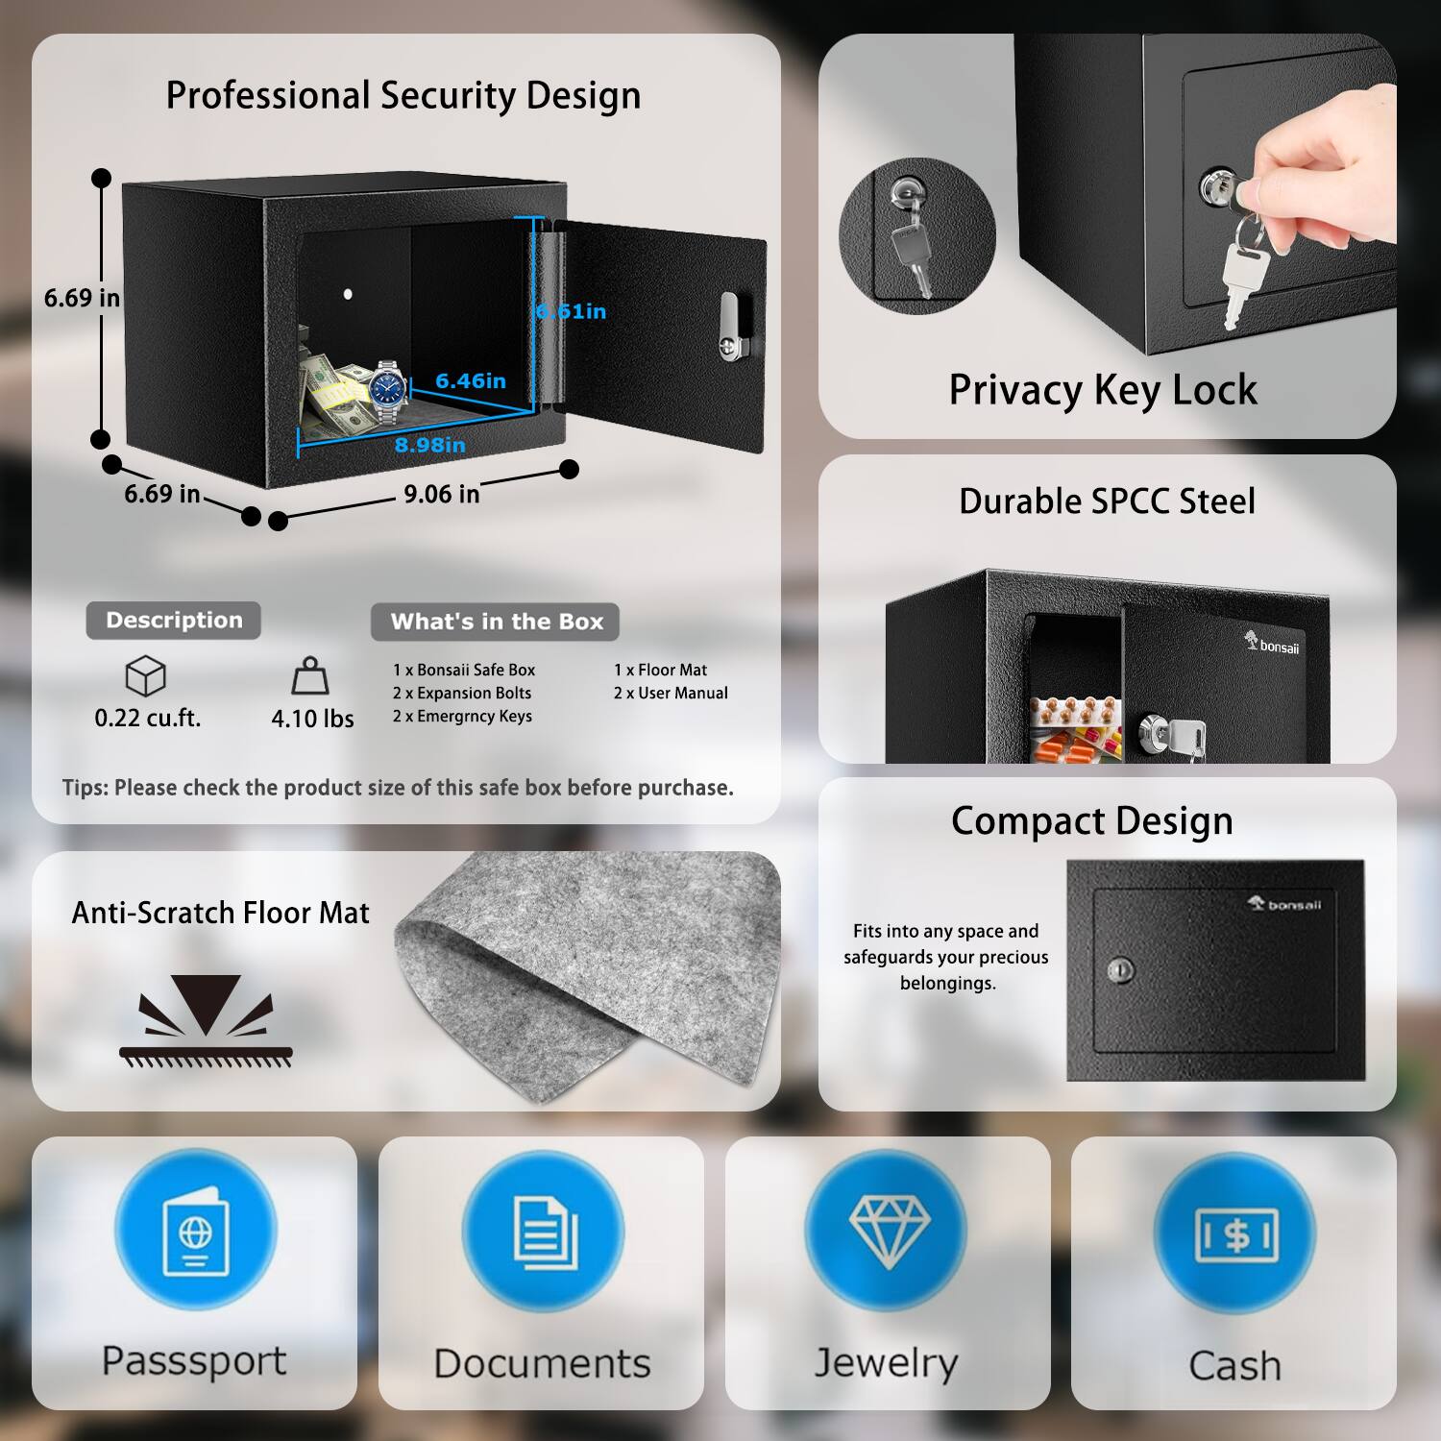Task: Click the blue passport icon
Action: tap(195, 1231)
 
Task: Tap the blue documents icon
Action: tap(543, 1231)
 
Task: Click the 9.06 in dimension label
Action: tap(441, 495)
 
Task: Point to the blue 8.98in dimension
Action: tap(429, 445)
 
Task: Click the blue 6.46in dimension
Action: tap(471, 381)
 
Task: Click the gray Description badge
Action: tap(174, 621)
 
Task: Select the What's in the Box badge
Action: tap(496, 622)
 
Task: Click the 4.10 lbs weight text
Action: tap(312, 719)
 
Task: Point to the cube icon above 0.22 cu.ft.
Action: tap(146, 676)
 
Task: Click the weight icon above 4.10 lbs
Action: tap(310, 676)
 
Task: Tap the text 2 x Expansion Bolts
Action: tap(461, 693)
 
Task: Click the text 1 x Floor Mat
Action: tap(660, 670)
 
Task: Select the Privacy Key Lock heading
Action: tap(1103, 390)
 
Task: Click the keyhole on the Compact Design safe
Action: tap(1119, 970)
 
